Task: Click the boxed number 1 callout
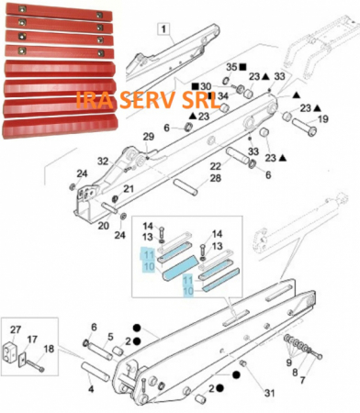coord(163,29)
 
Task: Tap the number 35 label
coord(232,68)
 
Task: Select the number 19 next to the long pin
coord(322,118)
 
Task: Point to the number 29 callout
coord(149,137)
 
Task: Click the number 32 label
coord(103,161)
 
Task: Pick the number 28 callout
coord(215,178)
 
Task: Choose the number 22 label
coord(215,166)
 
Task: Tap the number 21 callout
coord(128,189)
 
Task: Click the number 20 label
coord(104,226)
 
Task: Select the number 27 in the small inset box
coord(16,329)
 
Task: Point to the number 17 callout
coord(32,340)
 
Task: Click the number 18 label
coord(49,349)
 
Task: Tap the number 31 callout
coord(269,393)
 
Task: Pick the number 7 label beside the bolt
coord(302,380)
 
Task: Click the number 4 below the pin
coord(91,389)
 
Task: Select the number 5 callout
coord(110,337)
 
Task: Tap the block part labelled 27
coord(10,351)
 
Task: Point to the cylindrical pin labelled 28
coord(186,187)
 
